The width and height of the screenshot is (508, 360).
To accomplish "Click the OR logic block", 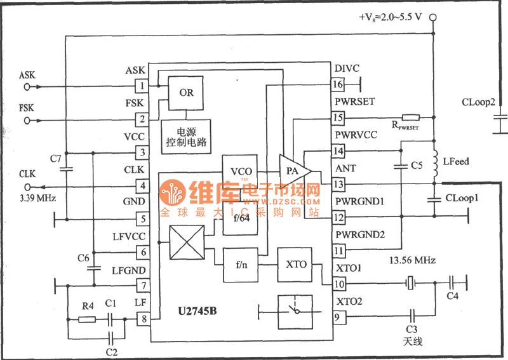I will [186, 91].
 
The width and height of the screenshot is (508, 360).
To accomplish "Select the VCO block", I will [241, 171].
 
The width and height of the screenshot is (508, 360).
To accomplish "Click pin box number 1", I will [143, 85].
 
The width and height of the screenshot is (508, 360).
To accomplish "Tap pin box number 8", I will [143, 320].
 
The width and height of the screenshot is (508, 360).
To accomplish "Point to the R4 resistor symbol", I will [87, 320].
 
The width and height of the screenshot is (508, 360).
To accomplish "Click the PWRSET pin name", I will [354, 102].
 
